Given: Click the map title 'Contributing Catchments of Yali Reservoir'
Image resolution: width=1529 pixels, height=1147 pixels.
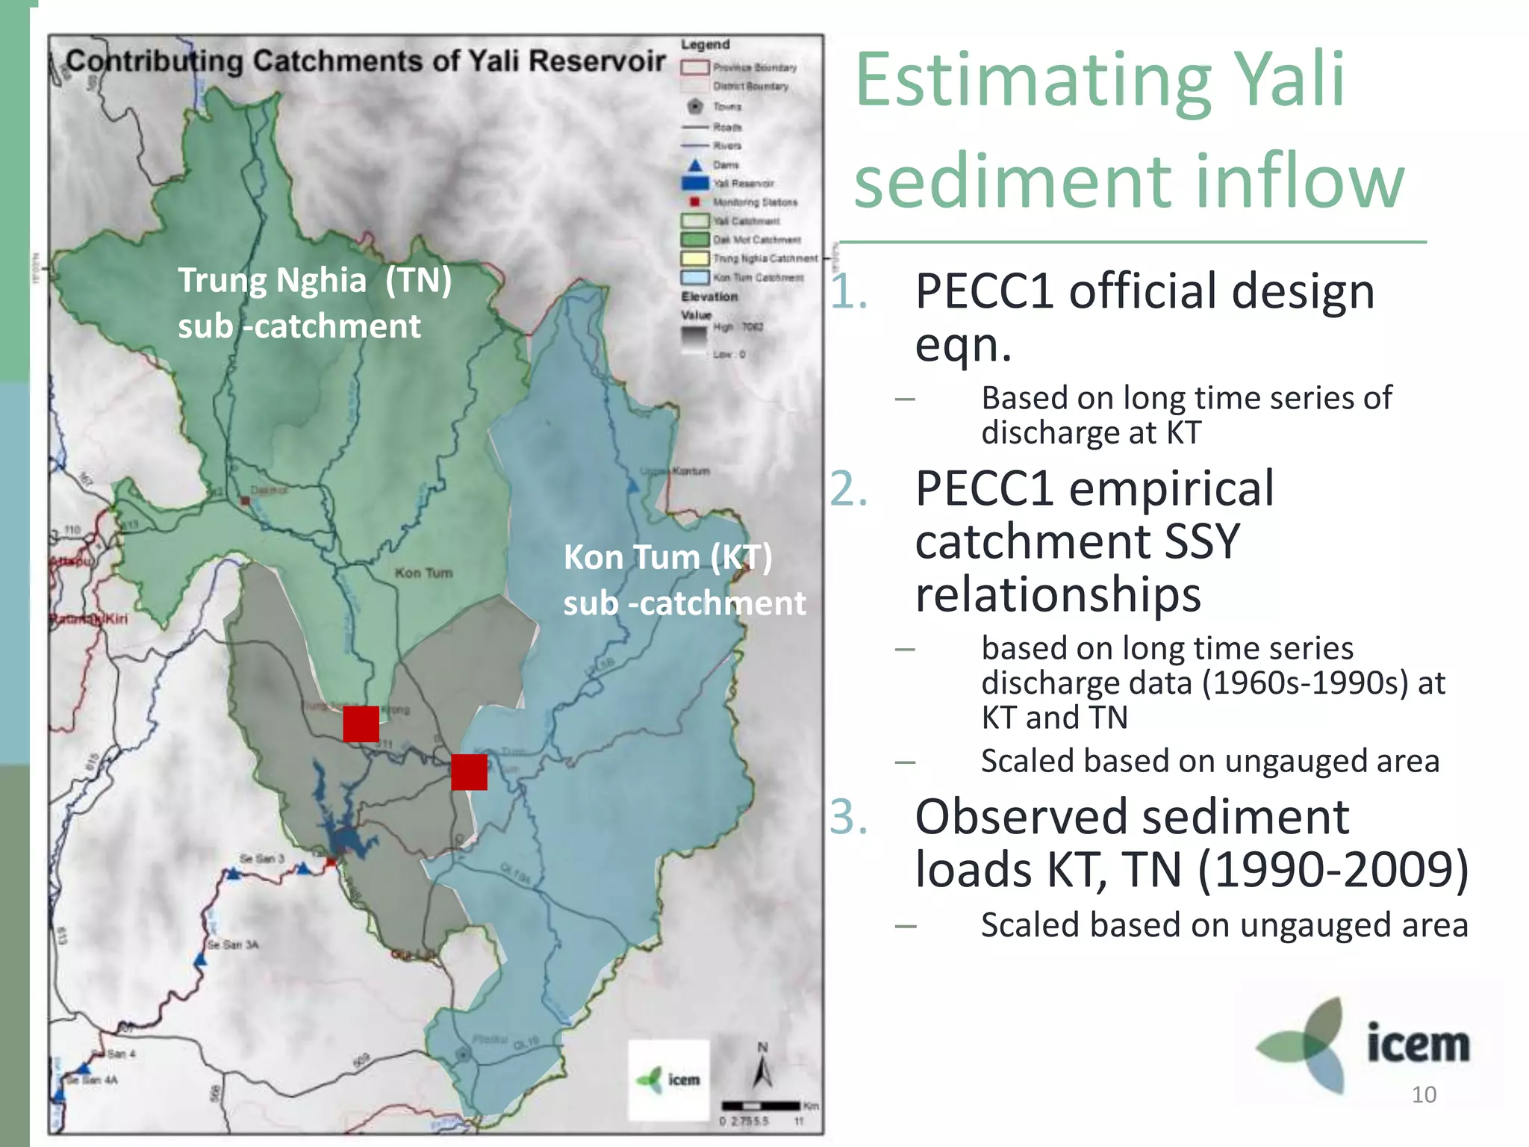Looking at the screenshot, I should pyautogui.click(x=365, y=61).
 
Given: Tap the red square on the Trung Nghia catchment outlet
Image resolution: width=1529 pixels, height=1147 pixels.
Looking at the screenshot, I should pyautogui.click(x=361, y=724).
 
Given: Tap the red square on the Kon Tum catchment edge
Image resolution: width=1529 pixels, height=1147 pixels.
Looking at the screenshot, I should pyautogui.click(x=469, y=771).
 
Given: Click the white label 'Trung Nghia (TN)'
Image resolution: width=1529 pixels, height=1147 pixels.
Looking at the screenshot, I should pyautogui.click(x=314, y=281).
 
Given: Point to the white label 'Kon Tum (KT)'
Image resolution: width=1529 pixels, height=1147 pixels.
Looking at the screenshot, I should pyautogui.click(x=667, y=557).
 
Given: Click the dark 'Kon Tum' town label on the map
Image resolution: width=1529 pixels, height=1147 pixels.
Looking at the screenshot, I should pyautogui.click(x=423, y=573).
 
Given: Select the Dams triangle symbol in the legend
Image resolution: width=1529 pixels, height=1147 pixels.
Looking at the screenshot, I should pyautogui.click(x=695, y=164).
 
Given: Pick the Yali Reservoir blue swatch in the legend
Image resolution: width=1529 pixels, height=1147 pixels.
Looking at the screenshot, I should pyautogui.click(x=694, y=183).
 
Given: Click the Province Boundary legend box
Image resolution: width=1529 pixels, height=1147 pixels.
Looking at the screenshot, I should pyautogui.click(x=694, y=68).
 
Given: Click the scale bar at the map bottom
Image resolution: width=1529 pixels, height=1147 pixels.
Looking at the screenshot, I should pyautogui.click(x=760, y=1105).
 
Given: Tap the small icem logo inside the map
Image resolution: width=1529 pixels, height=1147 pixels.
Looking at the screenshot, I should pyautogui.click(x=669, y=1080).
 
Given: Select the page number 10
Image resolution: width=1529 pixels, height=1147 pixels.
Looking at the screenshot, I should pyautogui.click(x=1423, y=1095).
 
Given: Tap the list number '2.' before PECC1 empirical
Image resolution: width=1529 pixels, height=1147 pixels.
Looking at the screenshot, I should pyautogui.click(x=849, y=490).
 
